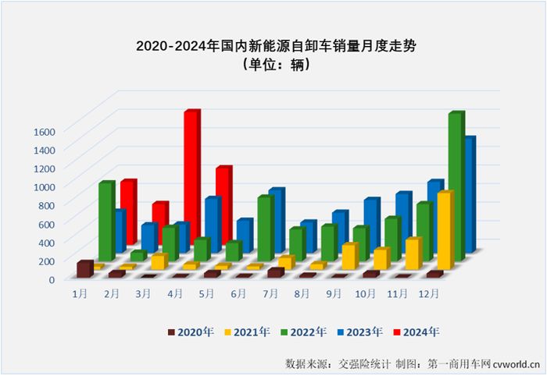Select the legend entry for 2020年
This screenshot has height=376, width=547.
pos(191,332)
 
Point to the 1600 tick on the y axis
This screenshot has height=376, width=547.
pos(45,130)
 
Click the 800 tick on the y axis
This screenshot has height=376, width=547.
pos(48,205)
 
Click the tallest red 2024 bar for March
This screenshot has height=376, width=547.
pos(191,179)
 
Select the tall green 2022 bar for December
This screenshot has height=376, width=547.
pos(456,187)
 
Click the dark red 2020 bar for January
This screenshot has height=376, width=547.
pos(84,269)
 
